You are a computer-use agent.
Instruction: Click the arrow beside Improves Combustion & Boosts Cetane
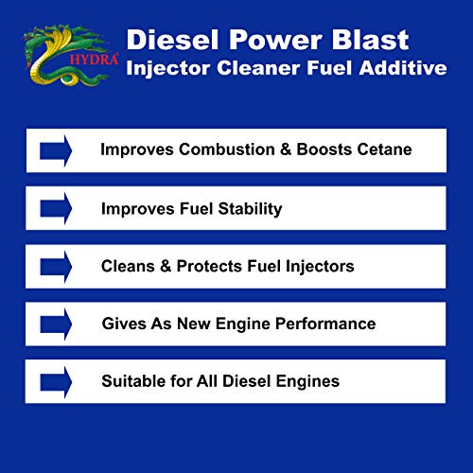point(56,150)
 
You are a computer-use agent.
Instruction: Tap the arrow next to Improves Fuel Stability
point(56,208)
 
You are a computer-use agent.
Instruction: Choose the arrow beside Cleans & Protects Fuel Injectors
point(56,266)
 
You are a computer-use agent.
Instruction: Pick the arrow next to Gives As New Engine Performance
point(56,324)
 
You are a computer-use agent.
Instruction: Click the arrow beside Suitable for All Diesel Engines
point(56,381)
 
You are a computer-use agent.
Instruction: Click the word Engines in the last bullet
point(308,381)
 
